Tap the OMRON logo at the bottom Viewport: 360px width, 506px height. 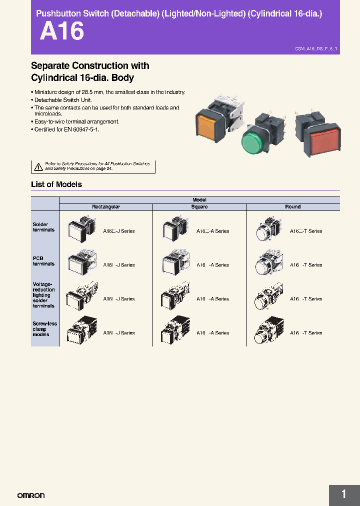pos(31,495)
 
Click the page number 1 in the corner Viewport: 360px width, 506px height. pos(343,494)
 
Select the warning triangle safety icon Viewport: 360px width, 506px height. pos(38,166)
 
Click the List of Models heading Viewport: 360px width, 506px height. pos(56,184)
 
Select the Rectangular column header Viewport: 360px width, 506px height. pos(106,207)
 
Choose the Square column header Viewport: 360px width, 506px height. pos(199,207)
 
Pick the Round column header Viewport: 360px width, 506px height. pos(293,207)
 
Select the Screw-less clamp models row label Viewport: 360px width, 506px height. pos(44,329)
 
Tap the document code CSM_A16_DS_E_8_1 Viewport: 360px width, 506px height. pos(316,49)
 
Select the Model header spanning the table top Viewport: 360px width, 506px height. pos(199,200)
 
